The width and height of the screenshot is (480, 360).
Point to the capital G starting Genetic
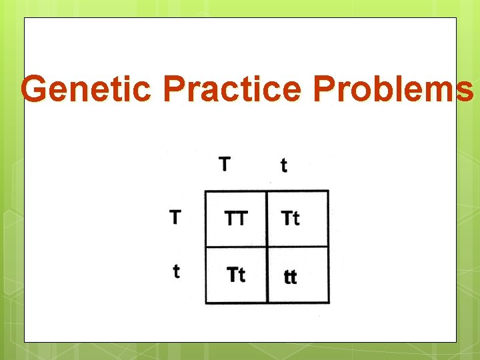[34, 89]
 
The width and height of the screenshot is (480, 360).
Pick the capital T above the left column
[225, 163]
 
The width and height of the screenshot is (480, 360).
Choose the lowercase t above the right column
[284, 165]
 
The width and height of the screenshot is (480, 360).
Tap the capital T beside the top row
[175, 217]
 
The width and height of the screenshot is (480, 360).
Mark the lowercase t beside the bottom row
[176, 271]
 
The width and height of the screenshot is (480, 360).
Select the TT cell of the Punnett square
[235, 219]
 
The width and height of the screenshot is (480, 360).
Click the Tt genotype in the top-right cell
[291, 218]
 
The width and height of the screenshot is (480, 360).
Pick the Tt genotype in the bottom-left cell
[236, 275]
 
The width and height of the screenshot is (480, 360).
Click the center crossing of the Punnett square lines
[267, 247]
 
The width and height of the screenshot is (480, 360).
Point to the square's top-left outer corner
[205, 191]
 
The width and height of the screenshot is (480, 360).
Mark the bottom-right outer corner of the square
[329, 303]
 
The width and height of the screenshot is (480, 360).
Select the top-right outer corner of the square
[329, 191]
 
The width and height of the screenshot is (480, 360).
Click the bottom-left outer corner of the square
[205, 303]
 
